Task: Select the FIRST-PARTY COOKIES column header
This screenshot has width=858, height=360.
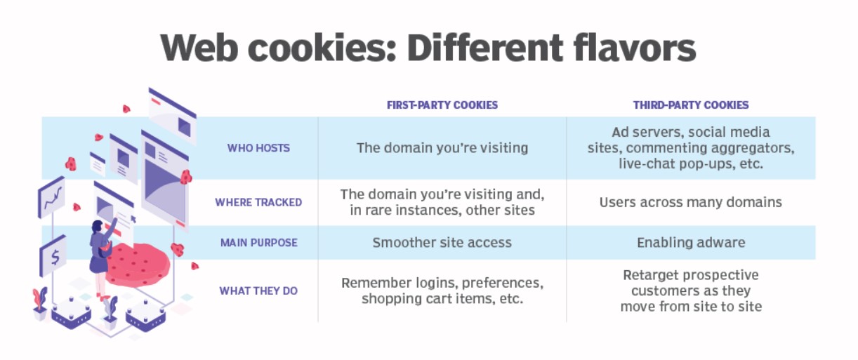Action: click(x=442, y=105)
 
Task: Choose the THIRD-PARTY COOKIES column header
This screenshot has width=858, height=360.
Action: click(x=691, y=105)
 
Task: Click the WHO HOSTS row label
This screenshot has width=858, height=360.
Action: click(x=258, y=148)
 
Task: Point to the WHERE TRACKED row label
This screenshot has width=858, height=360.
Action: click(x=258, y=202)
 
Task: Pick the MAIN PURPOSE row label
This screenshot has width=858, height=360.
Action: click(x=259, y=243)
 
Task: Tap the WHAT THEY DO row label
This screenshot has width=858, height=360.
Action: click(x=258, y=291)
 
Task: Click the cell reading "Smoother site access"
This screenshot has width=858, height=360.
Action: click(x=442, y=243)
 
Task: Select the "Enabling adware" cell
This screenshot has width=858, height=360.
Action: click(x=691, y=243)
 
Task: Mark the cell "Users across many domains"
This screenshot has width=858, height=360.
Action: click(x=691, y=202)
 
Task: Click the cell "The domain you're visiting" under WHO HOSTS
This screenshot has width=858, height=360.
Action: click(x=442, y=148)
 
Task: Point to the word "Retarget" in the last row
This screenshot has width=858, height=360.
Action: click(x=652, y=275)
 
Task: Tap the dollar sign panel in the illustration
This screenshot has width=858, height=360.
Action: click(x=54, y=256)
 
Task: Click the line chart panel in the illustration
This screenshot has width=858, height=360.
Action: click(x=52, y=197)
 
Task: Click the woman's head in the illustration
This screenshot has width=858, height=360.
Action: click(x=98, y=227)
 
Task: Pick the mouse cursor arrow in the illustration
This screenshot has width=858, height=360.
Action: click(x=133, y=219)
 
